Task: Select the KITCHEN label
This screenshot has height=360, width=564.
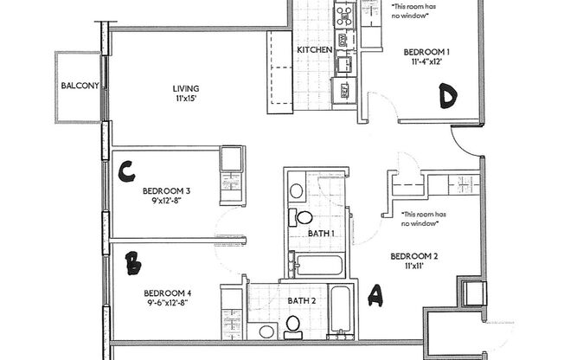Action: pyautogui.click(x=315, y=50)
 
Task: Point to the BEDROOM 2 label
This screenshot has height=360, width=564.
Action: pyautogui.click(x=414, y=256)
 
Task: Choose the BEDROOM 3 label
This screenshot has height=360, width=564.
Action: pyautogui.click(x=167, y=190)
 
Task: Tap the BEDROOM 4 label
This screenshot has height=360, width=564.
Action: pyautogui.click(x=167, y=292)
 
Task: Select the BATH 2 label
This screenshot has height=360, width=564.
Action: pyautogui.click(x=302, y=300)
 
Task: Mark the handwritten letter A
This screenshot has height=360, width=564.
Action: pyautogui.click(x=375, y=297)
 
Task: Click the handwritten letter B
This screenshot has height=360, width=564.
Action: pyautogui.click(x=133, y=263)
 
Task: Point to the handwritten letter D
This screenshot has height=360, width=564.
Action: pyautogui.click(x=446, y=96)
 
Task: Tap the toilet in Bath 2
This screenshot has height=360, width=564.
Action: pyautogui.click(x=292, y=325)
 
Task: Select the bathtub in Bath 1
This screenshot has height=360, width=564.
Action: pyautogui.click(x=321, y=263)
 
